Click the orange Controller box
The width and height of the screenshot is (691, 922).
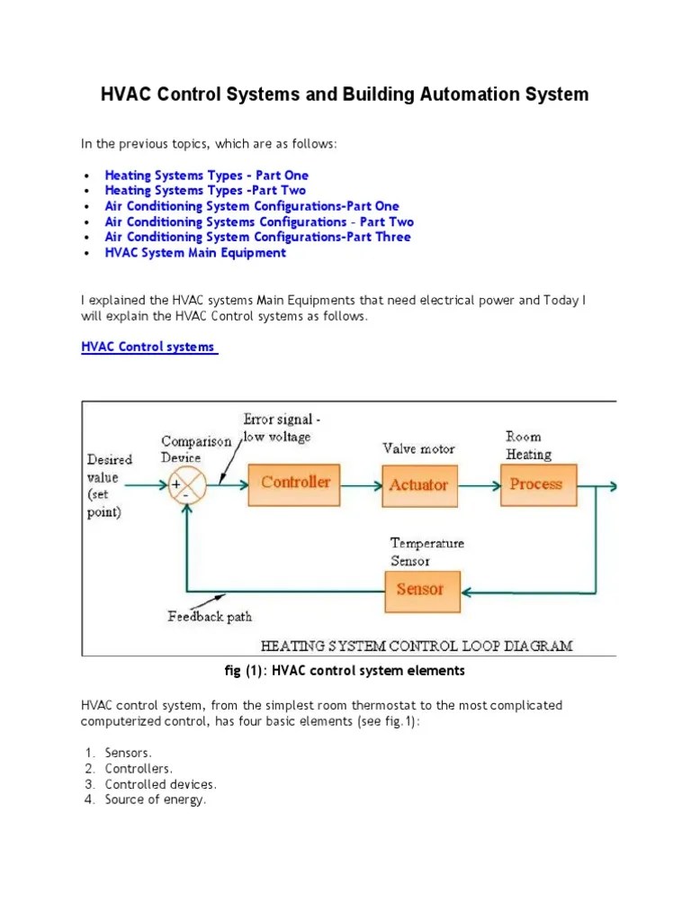tap(295, 483)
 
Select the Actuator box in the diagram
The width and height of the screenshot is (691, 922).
tap(418, 484)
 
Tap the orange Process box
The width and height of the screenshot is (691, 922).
tap(535, 484)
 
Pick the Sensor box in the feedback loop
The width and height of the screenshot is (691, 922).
tap(419, 590)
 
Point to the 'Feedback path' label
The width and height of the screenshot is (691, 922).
tap(210, 617)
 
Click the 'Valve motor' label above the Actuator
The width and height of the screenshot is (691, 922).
tap(418, 448)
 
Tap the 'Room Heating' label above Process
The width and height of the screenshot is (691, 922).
tap(527, 446)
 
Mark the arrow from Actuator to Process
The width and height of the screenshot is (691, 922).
tap(480, 485)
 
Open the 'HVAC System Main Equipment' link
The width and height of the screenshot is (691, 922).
tap(195, 253)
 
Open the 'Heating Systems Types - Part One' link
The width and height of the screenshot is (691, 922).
tap(206, 176)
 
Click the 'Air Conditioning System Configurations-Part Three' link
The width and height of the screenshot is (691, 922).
tap(257, 237)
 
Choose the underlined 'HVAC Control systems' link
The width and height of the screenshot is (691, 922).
tap(148, 347)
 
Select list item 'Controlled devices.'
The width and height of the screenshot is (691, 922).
tap(161, 784)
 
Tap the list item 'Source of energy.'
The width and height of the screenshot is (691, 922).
tap(156, 800)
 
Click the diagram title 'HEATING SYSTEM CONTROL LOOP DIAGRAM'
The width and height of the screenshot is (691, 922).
tap(417, 646)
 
